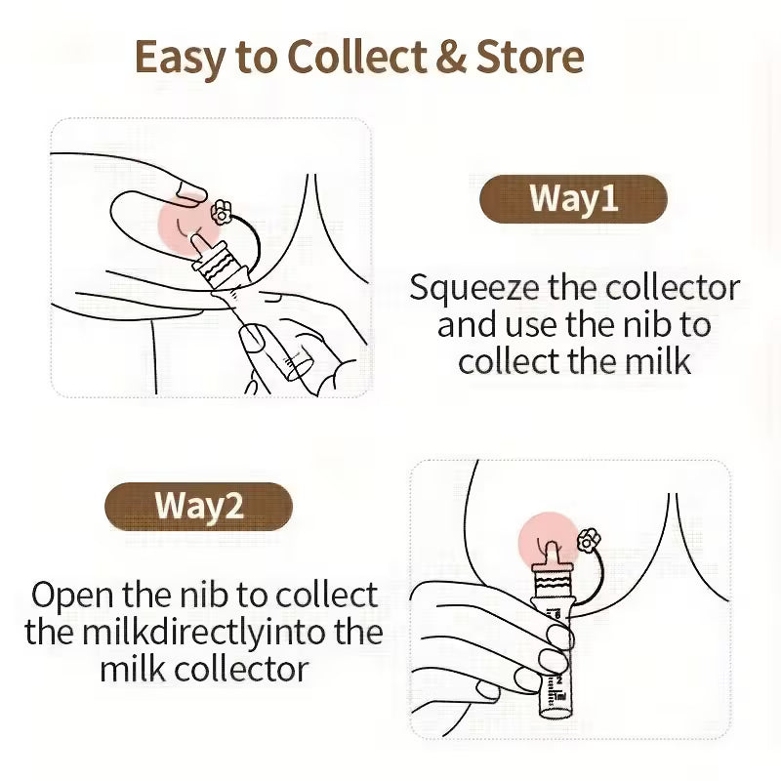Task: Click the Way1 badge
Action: click(x=574, y=199)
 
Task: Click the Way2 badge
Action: click(x=198, y=507)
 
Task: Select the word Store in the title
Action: click(x=530, y=58)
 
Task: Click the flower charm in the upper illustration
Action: click(x=221, y=210)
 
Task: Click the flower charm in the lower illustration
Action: click(x=588, y=539)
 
